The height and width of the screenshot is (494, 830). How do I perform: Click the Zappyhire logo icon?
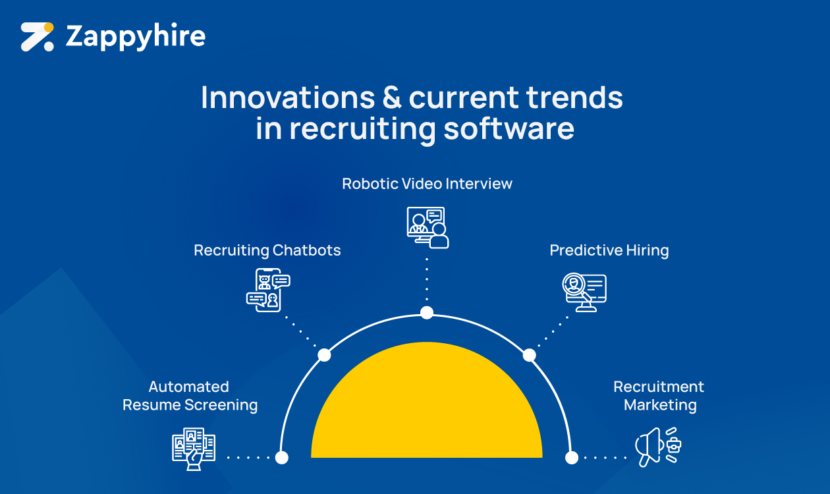pos(37,37)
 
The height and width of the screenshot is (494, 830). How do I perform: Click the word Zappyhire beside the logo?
pos(135,37)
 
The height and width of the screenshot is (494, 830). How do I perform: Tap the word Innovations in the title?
pos(287,97)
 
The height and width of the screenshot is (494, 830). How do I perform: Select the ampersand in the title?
pos(392,97)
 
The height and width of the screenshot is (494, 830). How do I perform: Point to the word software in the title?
pos(509,128)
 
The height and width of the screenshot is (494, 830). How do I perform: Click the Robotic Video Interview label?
pos(427,184)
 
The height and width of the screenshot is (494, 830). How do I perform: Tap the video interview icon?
pos(428,227)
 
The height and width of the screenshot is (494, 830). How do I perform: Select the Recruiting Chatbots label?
pos(267,250)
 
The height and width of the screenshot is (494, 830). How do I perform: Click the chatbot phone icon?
pos(268,290)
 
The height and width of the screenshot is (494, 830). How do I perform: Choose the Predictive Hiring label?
pos(609,250)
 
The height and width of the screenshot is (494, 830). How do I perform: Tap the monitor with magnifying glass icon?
pos(584,292)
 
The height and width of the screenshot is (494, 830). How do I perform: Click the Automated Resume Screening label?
pos(190,396)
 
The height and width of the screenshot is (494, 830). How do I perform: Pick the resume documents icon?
pos(194,449)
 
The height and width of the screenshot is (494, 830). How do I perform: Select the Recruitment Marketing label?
pos(659,396)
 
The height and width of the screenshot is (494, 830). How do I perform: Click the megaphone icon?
pos(658,447)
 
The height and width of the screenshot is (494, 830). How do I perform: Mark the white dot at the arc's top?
pos(427,313)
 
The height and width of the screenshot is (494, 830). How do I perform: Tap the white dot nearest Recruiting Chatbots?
pos(324,355)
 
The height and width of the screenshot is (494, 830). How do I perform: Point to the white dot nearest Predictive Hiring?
pos(529,356)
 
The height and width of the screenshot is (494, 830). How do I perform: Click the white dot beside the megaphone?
pos(572,458)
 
